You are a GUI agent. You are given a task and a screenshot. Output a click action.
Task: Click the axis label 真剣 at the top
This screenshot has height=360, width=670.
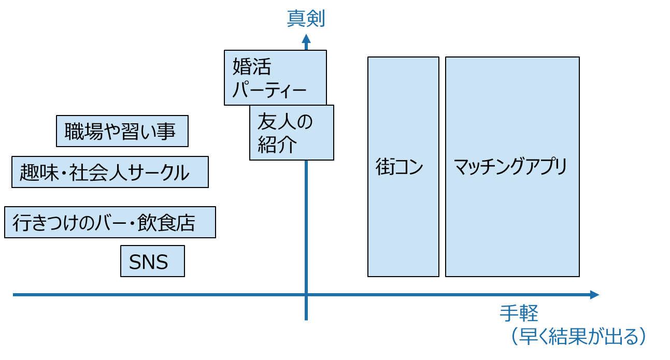click(306, 19)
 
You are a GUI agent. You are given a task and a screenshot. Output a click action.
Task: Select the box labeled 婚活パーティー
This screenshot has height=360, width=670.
click(275, 78)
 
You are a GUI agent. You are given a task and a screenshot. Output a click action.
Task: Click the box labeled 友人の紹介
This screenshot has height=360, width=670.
click(291, 133)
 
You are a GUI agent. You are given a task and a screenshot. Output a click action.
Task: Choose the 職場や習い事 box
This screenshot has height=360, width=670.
click(122, 132)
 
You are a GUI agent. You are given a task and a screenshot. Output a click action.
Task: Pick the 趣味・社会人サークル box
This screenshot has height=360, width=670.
click(110, 172)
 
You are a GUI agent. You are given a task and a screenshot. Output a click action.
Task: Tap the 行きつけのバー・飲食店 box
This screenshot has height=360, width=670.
click(110, 223)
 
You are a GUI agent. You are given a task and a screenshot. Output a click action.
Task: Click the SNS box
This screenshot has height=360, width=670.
click(152, 262)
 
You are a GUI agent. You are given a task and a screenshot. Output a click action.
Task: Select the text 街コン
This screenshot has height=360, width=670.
click(400, 168)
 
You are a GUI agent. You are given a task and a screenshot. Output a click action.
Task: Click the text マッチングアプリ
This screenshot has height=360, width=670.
click(511, 167)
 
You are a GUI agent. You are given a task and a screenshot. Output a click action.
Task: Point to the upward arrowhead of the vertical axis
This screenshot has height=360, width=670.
click(306, 39)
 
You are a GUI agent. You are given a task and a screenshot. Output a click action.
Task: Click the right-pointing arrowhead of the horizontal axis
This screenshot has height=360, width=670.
click(595, 295)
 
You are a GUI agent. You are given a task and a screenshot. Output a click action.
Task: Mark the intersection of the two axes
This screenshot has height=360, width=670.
click(306, 295)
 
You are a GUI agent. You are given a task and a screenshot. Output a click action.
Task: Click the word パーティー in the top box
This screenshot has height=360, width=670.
click(269, 91)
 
